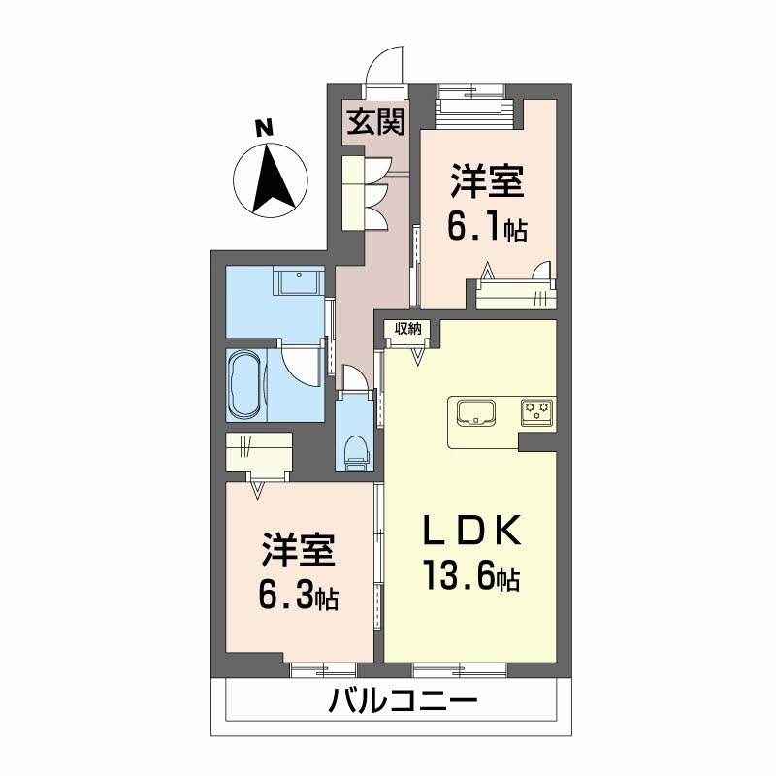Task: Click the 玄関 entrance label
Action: tap(377, 123)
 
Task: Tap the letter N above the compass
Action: tap(263, 127)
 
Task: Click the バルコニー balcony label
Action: tap(402, 699)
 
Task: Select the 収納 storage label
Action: tap(407, 329)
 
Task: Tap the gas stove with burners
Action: tap(535, 412)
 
